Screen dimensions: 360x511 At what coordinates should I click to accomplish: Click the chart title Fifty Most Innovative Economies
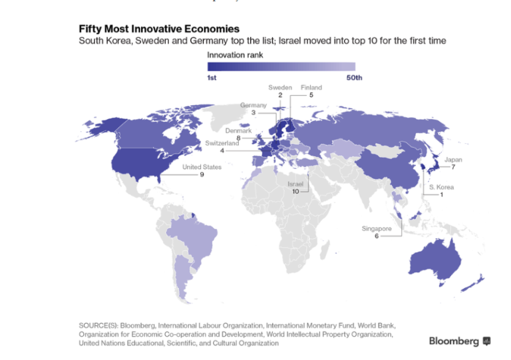point(159,29)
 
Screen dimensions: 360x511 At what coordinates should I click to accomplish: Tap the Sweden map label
point(280,87)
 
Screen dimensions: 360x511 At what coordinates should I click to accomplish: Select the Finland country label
point(311,87)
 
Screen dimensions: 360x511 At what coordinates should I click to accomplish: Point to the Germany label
point(254,105)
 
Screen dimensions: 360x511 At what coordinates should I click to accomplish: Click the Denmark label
point(238,131)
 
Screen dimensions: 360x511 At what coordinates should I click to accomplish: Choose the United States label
point(202,167)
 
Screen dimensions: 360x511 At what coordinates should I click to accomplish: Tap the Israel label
point(295,184)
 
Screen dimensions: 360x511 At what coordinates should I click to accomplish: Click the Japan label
point(453,160)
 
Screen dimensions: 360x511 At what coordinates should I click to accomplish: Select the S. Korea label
point(441,187)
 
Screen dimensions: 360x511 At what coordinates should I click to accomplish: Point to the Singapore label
point(377,228)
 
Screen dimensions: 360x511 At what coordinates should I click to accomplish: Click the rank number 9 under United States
point(202,174)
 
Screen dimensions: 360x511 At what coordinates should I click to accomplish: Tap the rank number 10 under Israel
point(295,191)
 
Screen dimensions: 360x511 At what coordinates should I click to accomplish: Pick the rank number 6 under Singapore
point(377,236)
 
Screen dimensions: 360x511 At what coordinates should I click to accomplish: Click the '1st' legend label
point(212,78)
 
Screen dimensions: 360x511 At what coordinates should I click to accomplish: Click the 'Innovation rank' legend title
point(235,55)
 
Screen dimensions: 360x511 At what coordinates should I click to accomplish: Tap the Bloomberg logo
point(459,341)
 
